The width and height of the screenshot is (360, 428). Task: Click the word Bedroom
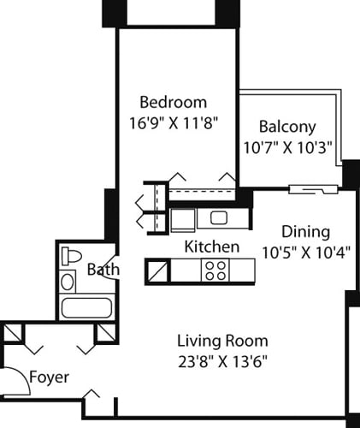coord(174,101)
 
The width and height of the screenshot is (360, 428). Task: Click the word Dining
coord(305,231)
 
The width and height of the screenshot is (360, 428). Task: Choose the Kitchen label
coord(211,247)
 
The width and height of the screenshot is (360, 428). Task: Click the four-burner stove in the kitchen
coord(214,271)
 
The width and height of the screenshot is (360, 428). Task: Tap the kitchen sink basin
coord(218,218)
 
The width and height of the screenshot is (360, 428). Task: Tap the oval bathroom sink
coord(68,281)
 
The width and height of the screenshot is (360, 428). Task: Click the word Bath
coord(103,270)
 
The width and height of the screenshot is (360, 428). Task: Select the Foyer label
coord(49,377)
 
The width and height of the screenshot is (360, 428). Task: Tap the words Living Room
coord(222,339)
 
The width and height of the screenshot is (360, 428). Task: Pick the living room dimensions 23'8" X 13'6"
coord(222,360)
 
